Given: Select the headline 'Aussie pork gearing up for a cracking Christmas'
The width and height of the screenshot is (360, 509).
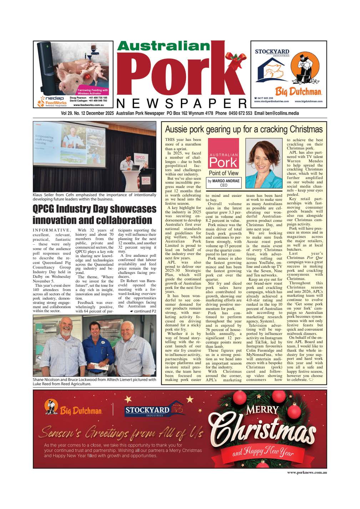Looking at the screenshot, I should [243, 129].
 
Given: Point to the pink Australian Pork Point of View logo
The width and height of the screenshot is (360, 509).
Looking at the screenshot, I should [223, 157].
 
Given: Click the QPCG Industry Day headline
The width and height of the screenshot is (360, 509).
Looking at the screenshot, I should [95, 214].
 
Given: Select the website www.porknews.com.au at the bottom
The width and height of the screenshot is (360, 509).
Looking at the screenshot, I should [307, 472].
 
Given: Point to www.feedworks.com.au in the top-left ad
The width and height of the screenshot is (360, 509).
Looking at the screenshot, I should [88, 105].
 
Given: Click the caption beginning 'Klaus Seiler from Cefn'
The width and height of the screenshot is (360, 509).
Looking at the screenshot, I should [95, 197].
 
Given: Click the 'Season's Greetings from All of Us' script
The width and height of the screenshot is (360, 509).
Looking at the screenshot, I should [122, 433].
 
